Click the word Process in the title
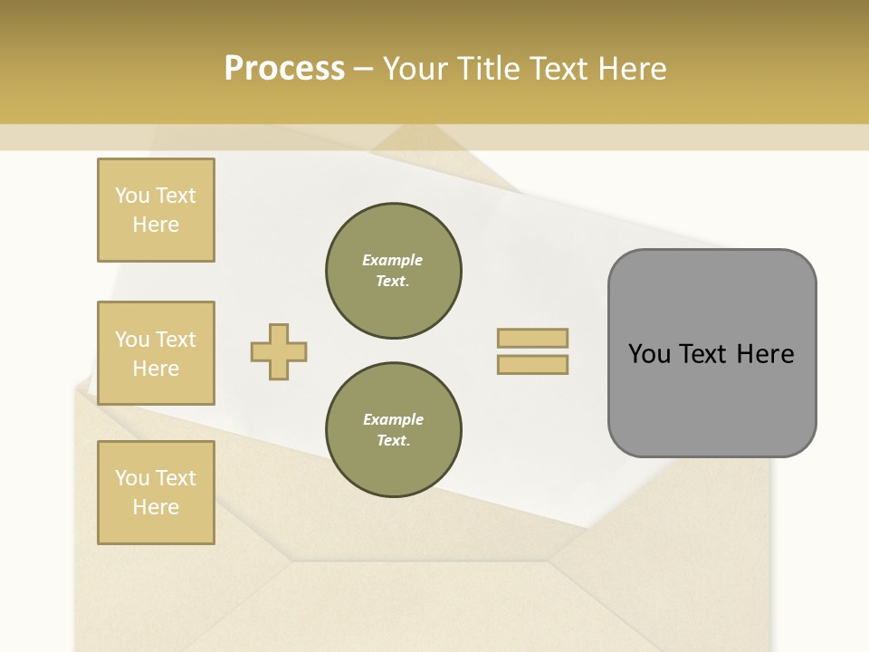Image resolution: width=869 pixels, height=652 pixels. (x=284, y=68)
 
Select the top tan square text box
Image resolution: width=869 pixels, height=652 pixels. (x=156, y=210)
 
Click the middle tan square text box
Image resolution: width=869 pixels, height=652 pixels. (x=156, y=353)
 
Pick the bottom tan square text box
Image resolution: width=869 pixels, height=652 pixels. (x=156, y=493)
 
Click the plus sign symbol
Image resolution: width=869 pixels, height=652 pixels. (x=279, y=351)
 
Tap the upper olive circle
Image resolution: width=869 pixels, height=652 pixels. (x=393, y=270)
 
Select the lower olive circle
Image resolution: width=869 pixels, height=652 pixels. (x=393, y=429)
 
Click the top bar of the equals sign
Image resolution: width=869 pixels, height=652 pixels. (x=532, y=338)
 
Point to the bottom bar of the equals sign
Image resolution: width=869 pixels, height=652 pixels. (x=532, y=364)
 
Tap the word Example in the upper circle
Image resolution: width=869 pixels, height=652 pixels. (x=393, y=260)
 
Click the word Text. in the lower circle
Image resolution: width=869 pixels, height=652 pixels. (x=393, y=440)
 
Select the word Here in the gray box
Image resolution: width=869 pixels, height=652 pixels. (x=765, y=353)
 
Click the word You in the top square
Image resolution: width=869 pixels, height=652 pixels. (x=132, y=196)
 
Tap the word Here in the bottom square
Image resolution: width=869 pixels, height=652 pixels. (x=156, y=507)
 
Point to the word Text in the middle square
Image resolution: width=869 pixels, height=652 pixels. (x=176, y=340)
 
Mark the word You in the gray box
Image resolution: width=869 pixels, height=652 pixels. (x=649, y=353)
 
